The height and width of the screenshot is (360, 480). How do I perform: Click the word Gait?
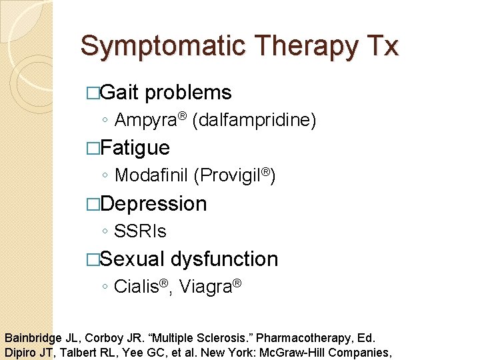click(x=119, y=93)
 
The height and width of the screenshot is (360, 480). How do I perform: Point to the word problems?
click(x=188, y=93)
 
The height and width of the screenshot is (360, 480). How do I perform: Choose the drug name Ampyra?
click(x=146, y=120)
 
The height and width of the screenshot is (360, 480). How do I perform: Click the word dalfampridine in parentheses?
click(x=254, y=120)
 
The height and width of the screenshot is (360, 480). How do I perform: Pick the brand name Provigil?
click(x=231, y=176)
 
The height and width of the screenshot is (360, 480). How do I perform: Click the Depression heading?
click(x=154, y=203)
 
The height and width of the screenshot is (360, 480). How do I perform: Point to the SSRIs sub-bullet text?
click(x=140, y=231)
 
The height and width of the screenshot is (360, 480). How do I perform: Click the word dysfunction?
click(x=224, y=259)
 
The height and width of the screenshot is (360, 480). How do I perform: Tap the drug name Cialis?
click(x=136, y=287)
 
